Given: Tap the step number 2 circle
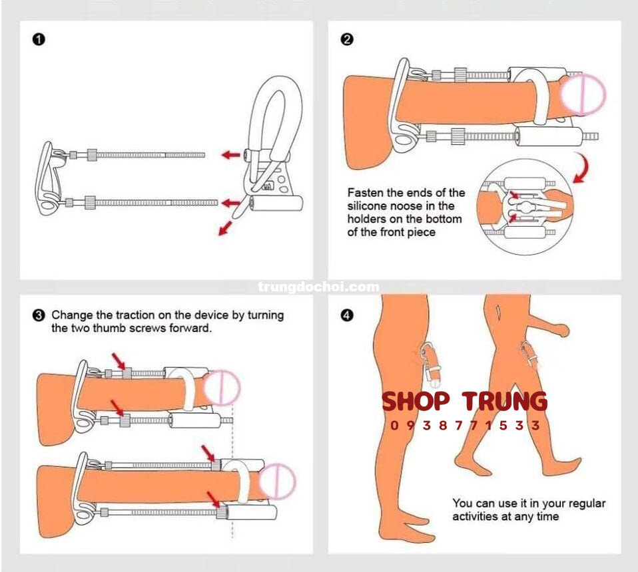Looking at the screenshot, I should click(x=346, y=39).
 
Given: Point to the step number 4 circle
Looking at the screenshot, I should click(x=346, y=315).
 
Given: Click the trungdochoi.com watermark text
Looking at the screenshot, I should click(x=318, y=287).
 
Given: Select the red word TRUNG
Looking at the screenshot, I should click(x=505, y=402).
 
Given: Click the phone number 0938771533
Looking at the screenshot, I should click(x=465, y=426).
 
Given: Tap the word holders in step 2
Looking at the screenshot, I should click(x=366, y=219).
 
